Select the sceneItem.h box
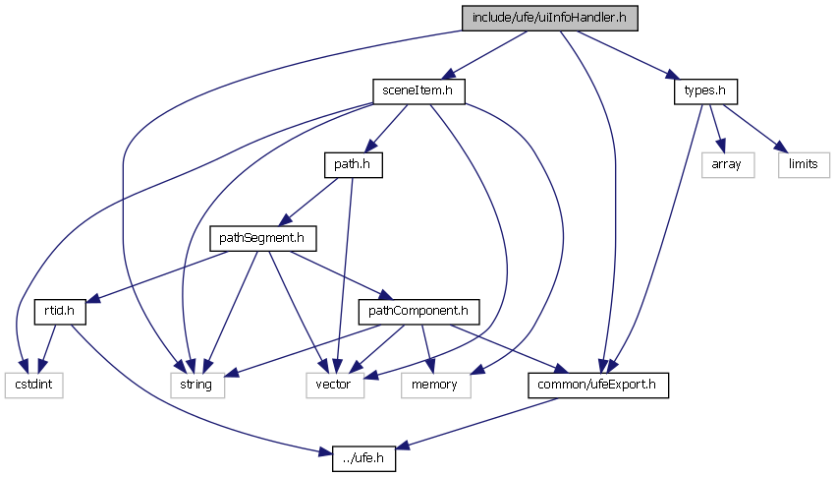coord(418,90)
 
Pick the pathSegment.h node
coord(257,237)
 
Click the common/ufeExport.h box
coord(598,385)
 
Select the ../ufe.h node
coord(356,458)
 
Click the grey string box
coord(195,385)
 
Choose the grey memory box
coord(435,385)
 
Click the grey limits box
coord(804,164)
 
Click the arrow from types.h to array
coord(718,127)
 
